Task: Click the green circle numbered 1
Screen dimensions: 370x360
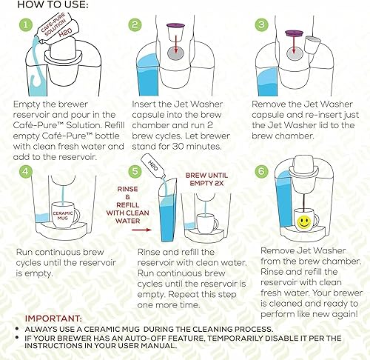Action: click(x=26, y=25)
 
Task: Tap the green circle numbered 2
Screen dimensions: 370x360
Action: click(x=135, y=25)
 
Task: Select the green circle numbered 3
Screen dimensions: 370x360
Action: click(x=262, y=25)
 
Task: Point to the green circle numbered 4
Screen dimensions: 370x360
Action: click(x=26, y=171)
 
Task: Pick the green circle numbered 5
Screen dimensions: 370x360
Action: click(x=135, y=171)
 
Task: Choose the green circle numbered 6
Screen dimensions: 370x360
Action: click(x=261, y=171)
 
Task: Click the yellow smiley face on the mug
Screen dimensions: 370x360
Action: click(x=303, y=221)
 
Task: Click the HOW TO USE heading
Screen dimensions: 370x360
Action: click(x=53, y=4)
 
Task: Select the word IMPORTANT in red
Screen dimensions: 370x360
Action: click(x=53, y=319)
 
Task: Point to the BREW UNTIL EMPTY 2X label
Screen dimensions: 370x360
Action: click(x=206, y=179)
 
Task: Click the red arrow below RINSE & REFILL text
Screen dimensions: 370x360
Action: click(x=141, y=230)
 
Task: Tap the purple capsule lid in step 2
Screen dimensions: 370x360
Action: click(x=175, y=25)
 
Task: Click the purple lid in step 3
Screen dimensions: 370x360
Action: click(x=294, y=33)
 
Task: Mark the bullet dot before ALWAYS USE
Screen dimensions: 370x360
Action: click(x=17, y=329)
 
